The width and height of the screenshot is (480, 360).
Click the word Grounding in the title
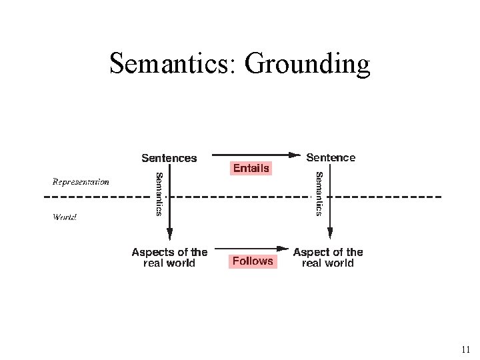point(307,65)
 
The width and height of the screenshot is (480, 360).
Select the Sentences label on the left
point(169,158)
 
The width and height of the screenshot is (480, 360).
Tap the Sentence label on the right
point(331,157)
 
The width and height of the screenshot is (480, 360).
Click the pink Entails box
point(251,168)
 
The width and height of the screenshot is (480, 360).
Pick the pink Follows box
point(253,261)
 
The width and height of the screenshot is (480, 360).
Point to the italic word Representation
point(81,181)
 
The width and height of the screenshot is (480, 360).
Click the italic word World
point(65,217)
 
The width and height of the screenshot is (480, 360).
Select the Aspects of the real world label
point(169,257)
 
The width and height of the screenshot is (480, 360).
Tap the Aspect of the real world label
point(328,257)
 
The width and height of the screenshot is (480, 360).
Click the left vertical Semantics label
point(159,193)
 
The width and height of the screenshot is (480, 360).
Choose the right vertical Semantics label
point(319,193)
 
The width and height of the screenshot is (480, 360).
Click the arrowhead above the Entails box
point(295,155)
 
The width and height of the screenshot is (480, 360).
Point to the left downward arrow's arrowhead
point(169,235)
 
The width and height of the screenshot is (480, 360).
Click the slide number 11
point(465,349)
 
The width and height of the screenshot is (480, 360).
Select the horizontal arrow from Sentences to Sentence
point(253,155)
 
